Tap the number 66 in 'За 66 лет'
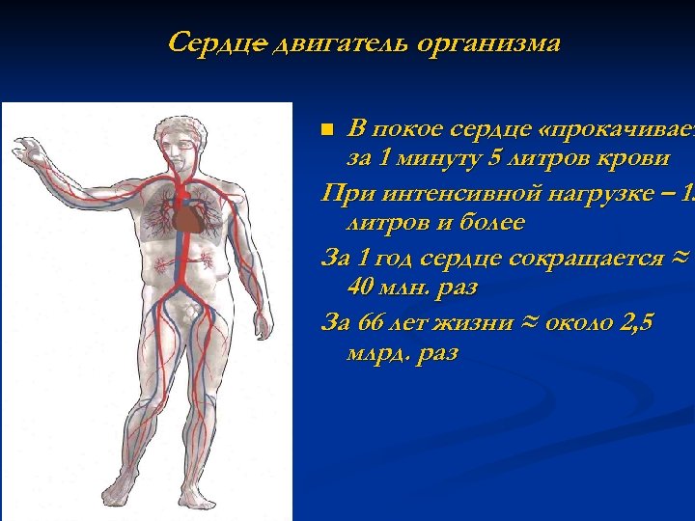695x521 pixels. click(368, 322)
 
